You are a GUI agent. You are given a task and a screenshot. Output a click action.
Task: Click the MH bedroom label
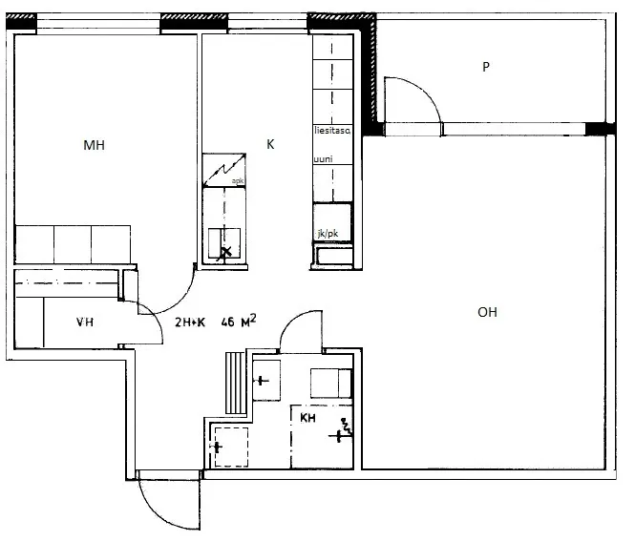(x=94, y=145)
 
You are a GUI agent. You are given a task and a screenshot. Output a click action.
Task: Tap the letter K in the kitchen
(x=270, y=144)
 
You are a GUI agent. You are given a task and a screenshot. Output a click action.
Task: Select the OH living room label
(x=487, y=312)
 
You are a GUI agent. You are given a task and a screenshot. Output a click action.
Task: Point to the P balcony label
(x=486, y=67)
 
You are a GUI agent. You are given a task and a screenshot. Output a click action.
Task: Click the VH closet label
(x=85, y=323)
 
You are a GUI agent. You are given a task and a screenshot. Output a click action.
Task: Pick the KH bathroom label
(x=307, y=418)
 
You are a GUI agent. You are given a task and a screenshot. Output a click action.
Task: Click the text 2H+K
(x=190, y=323)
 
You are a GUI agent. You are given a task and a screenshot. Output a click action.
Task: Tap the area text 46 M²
(x=239, y=321)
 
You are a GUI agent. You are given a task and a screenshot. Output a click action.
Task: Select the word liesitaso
(x=332, y=131)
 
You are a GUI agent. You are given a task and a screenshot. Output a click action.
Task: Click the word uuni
(x=323, y=159)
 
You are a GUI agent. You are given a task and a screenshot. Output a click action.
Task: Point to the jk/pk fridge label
(x=328, y=234)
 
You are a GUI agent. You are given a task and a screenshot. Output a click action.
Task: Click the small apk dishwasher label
(x=238, y=180)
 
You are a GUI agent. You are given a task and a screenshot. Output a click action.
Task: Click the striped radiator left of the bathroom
(x=235, y=383)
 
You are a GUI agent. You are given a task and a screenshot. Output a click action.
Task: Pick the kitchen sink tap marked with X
(x=224, y=251)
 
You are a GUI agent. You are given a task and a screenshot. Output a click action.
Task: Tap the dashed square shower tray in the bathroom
(x=231, y=447)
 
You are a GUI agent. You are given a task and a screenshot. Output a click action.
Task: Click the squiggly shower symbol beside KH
(x=347, y=426)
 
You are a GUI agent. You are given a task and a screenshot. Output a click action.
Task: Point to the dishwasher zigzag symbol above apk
(x=224, y=170)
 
